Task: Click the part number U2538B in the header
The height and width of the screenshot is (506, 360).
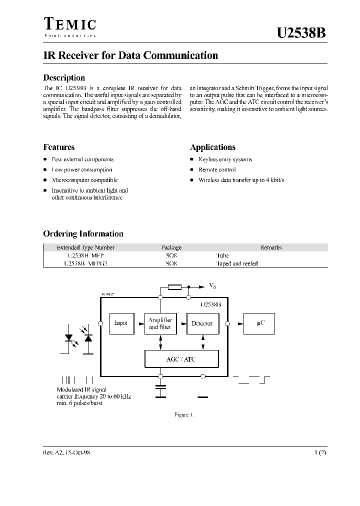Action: pos(302,33)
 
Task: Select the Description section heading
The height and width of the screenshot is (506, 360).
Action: pos(64,77)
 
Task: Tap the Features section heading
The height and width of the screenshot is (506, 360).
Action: pos(59,147)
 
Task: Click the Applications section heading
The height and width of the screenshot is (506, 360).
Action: pos(212,147)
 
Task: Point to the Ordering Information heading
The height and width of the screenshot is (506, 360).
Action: pos(83,233)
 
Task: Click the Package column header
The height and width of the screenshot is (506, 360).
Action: pos(171,247)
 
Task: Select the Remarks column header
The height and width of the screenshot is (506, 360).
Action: pos(271,247)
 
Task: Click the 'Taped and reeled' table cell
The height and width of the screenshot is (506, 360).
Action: pos(236,263)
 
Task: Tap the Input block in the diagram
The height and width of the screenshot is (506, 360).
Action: pos(121,323)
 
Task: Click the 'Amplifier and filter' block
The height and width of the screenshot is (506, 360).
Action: pos(160,323)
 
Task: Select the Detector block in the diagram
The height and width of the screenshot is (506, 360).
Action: pos(202,323)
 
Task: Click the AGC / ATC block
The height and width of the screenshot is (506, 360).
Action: pos(181,359)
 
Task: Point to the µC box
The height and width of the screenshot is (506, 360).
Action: pos(260,323)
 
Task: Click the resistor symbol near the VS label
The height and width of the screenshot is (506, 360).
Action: pos(174,287)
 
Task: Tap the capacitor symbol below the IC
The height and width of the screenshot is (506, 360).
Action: pos(160,391)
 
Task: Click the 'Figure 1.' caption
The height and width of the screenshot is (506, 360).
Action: pos(183,415)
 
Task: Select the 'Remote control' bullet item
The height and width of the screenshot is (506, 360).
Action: pos(217,169)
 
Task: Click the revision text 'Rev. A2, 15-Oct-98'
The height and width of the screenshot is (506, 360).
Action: pos(66,452)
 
